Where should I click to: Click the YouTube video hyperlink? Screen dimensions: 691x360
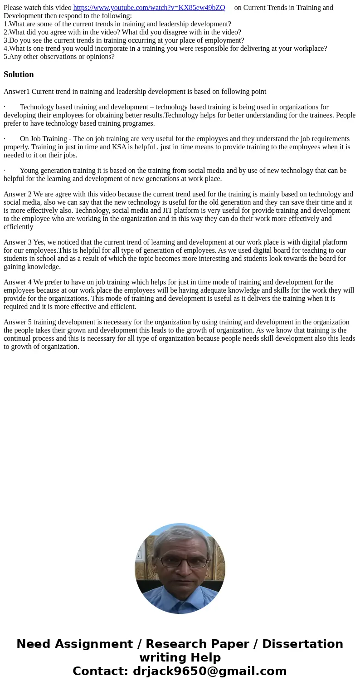(149, 8)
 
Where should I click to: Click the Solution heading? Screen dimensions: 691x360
(19, 74)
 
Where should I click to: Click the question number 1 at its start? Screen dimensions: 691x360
(5, 24)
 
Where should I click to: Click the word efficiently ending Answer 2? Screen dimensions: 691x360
(18, 227)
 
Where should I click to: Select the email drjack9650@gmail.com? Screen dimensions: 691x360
(209, 671)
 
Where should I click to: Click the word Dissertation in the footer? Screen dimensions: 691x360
(302, 644)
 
